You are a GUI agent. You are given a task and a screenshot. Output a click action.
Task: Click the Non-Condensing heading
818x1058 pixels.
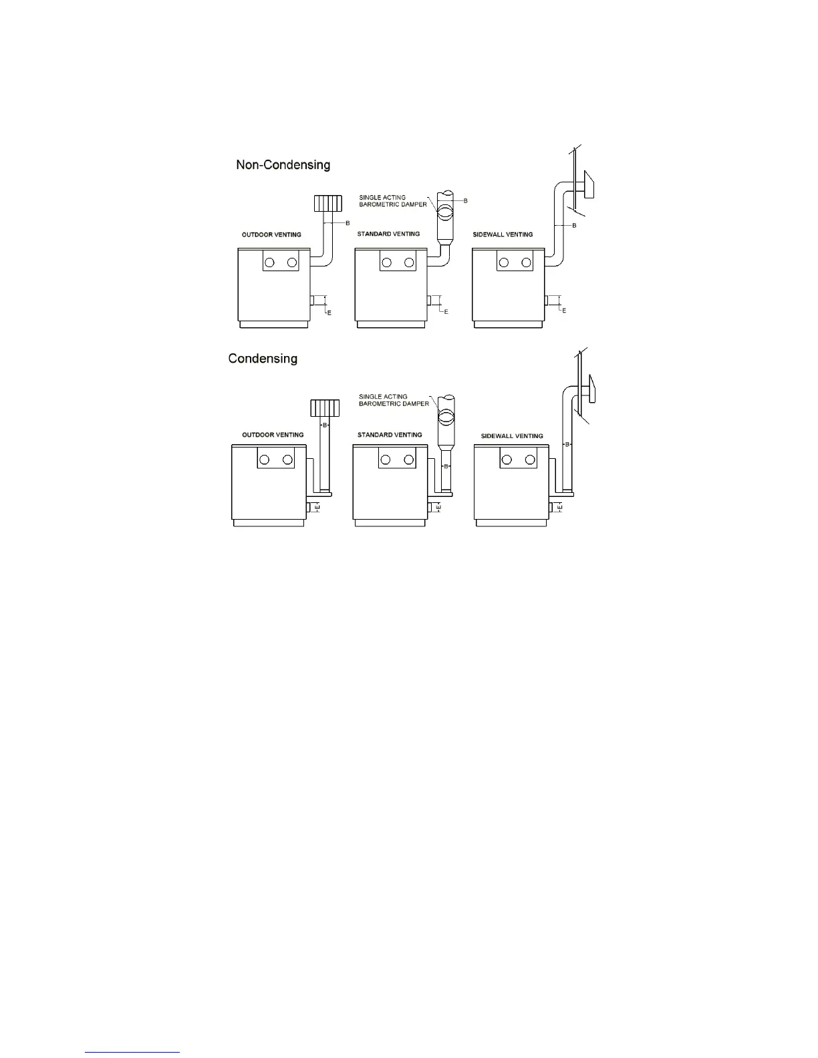click(x=283, y=164)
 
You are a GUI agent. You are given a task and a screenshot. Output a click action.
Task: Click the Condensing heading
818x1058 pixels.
click(x=263, y=359)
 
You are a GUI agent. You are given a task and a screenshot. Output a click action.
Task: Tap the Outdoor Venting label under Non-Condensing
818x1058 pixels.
click(x=271, y=234)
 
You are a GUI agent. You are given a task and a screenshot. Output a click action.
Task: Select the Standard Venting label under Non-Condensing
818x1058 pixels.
click(x=388, y=234)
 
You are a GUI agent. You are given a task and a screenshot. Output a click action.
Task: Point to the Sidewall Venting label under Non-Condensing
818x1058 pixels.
click(x=503, y=234)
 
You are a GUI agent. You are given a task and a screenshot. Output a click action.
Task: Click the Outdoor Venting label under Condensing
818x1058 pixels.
click(x=273, y=435)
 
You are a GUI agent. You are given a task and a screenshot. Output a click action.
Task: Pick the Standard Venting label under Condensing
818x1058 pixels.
click(x=390, y=435)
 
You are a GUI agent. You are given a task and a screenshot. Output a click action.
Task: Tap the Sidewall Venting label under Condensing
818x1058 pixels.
click(x=512, y=436)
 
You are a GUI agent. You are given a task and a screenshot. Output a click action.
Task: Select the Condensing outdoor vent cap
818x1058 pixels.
click(x=325, y=407)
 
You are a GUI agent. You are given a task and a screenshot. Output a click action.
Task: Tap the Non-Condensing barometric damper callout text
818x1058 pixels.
click(x=392, y=201)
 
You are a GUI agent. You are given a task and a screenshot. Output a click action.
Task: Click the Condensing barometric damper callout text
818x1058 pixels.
click(x=394, y=400)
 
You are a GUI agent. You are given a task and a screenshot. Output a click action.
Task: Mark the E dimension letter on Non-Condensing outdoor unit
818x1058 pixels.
click(x=328, y=311)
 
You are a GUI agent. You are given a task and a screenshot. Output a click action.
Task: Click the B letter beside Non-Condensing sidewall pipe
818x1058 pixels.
click(x=574, y=226)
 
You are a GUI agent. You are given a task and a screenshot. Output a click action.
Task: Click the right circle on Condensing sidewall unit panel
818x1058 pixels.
click(x=530, y=460)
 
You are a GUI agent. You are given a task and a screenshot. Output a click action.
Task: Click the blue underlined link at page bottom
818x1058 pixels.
click(x=132, y=1052)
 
